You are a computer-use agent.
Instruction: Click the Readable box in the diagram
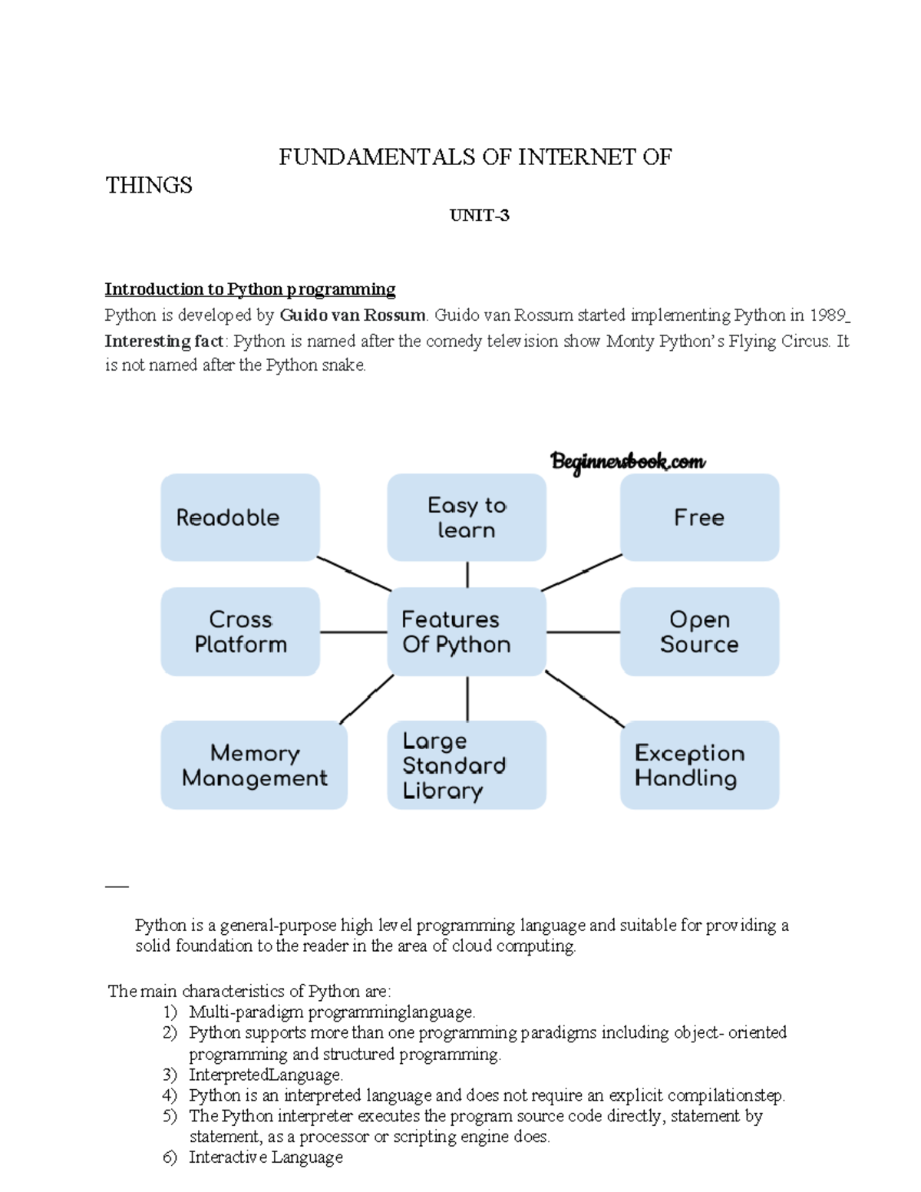(239, 517)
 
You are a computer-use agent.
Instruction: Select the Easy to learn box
(467, 517)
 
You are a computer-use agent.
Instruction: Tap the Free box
(699, 517)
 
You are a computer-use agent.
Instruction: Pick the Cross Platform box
(239, 632)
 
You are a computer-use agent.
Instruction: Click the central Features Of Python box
(467, 632)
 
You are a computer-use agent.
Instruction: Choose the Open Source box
(699, 632)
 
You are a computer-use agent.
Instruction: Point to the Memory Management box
(254, 765)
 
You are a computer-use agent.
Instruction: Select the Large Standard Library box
(467, 765)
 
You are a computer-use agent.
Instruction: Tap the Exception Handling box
(699, 765)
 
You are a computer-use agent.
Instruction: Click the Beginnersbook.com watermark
(628, 462)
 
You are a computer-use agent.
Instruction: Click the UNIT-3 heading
(479, 216)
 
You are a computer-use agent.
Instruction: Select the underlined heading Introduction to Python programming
(250, 289)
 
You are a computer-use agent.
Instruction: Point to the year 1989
(827, 315)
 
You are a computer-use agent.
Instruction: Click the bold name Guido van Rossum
(352, 315)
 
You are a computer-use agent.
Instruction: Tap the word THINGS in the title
(149, 186)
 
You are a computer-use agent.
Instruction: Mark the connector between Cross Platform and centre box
(353, 632)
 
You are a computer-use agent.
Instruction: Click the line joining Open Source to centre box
(583, 632)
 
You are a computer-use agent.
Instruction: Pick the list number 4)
(170, 1095)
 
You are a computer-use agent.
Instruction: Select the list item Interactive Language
(266, 1157)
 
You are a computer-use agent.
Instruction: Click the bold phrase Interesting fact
(163, 342)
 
